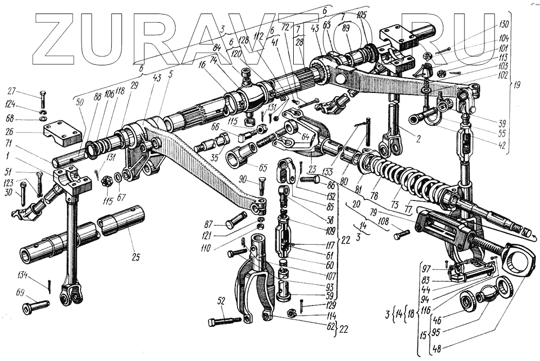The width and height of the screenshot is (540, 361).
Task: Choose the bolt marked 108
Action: [402, 235]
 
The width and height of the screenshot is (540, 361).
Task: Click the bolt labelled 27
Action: [43, 101]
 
